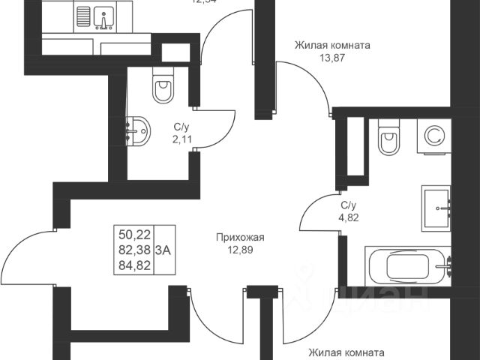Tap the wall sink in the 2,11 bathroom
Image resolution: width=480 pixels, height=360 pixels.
click(137, 132)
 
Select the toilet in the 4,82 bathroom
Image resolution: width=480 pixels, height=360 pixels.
click(389, 139)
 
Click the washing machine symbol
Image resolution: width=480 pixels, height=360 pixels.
click(433, 136)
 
